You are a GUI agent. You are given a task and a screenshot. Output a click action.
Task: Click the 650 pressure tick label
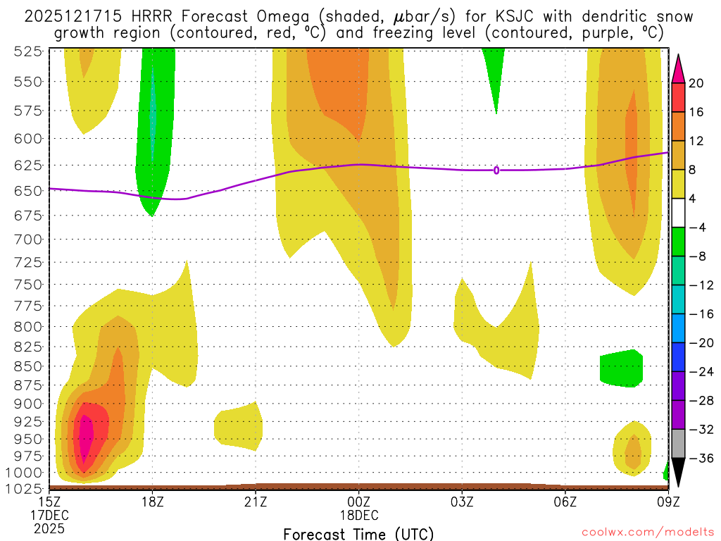tap(29, 191)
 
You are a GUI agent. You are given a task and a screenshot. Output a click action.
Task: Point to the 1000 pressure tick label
tap(25, 473)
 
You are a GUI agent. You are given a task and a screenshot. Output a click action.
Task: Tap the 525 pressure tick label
tap(29, 51)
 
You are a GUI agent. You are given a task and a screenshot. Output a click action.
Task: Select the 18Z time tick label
tap(153, 502)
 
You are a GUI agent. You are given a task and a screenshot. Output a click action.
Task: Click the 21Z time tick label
tap(256, 502)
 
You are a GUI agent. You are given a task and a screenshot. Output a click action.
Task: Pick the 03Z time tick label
tap(462, 502)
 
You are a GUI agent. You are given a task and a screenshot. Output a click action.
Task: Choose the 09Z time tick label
tap(667, 502)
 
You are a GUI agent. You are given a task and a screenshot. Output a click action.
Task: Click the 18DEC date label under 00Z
tap(359, 515)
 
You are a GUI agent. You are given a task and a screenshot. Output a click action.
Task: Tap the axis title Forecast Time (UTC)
tap(358, 533)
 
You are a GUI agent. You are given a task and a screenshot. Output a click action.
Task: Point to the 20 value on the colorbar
tap(697, 83)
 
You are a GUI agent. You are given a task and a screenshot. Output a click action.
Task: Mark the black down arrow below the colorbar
tap(678, 472)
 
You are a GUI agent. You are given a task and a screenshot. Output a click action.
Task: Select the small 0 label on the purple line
tap(496, 170)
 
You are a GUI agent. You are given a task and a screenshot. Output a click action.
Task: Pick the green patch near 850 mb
tap(621, 368)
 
